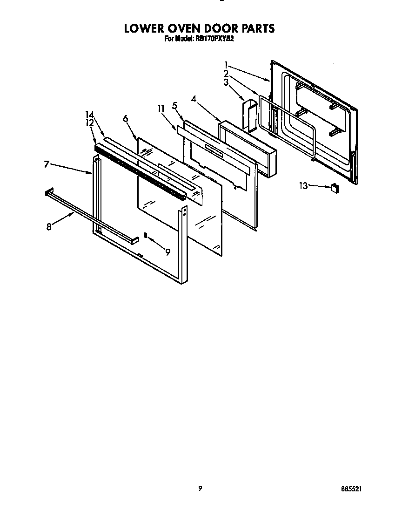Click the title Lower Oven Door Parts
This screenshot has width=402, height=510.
pyautogui.click(x=199, y=28)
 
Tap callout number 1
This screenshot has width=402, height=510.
pyautogui.click(x=226, y=65)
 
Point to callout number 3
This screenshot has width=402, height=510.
pyautogui.click(x=226, y=82)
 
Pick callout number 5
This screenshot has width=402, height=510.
pyautogui.click(x=174, y=106)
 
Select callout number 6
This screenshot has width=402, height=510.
pyautogui.click(x=126, y=118)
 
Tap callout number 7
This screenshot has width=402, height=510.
pyautogui.click(x=47, y=164)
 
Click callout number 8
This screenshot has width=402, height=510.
pyautogui.click(x=49, y=227)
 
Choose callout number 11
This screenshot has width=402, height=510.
pyautogui.click(x=161, y=109)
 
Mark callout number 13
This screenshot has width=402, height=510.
pyautogui.click(x=303, y=186)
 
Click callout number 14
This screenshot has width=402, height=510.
pyautogui.click(x=89, y=115)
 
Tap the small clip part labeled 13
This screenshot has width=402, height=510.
pyautogui.click(x=334, y=188)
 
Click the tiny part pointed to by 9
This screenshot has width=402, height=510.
pyautogui.click(x=145, y=235)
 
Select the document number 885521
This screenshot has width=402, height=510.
pyautogui.click(x=352, y=489)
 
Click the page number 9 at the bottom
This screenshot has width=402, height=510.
pyautogui.click(x=200, y=488)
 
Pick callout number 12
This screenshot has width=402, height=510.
pyautogui.click(x=89, y=122)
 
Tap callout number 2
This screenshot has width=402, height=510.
pyautogui.click(x=226, y=74)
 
